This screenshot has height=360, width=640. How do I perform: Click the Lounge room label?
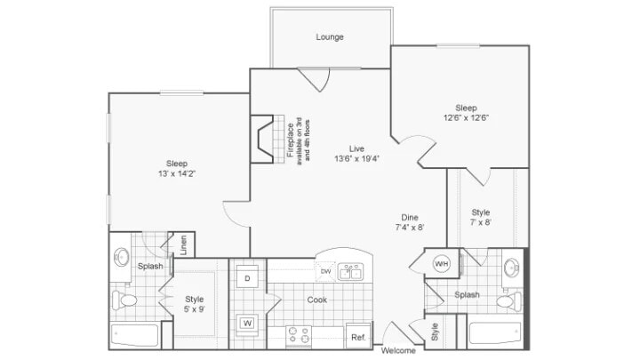click(x=329, y=37)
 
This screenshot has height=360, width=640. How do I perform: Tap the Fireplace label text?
click(x=291, y=141)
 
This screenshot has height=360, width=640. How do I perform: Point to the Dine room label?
click(x=409, y=217)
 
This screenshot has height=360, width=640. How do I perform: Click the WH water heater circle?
click(x=442, y=263)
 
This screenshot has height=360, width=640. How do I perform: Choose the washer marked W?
click(x=248, y=322)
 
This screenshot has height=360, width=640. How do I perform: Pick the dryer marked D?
click(x=248, y=278)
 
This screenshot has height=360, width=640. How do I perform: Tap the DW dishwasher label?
click(x=326, y=271)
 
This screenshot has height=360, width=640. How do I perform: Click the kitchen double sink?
click(x=349, y=272)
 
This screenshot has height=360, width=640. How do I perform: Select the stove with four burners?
click(x=298, y=337)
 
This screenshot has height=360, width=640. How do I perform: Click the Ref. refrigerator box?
click(x=358, y=337)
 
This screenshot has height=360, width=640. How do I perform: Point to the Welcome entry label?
click(x=398, y=350)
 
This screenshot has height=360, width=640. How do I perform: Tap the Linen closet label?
click(x=183, y=244)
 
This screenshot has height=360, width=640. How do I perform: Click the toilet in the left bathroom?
click(x=123, y=300)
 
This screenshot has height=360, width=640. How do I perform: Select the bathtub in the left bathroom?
click(x=134, y=336)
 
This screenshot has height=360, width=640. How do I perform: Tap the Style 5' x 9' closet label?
click(x=194, y=305)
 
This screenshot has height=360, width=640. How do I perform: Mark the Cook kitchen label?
click(x=316, y=300)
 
